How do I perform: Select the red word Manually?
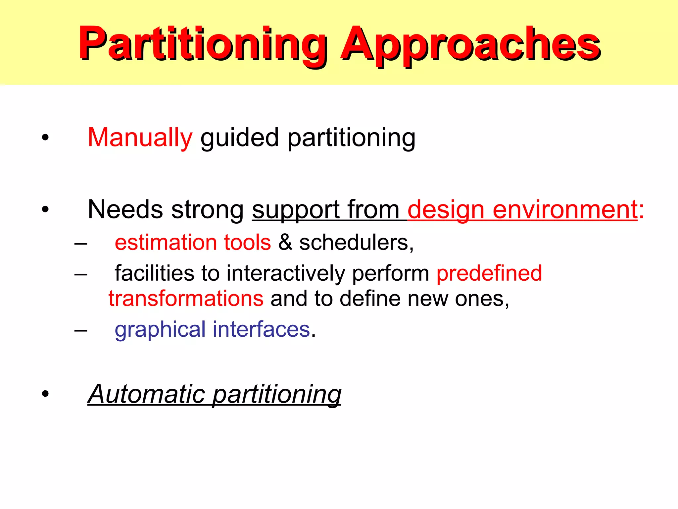point(140,138)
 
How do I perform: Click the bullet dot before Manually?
point(45,138)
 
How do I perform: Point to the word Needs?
point(125,209)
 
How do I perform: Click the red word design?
point(446,209)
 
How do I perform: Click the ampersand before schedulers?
point(285,242)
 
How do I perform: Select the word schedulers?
point(356,242)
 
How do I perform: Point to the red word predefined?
point(489,273)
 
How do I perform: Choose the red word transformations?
point(186,299)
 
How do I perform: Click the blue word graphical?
point(160,330)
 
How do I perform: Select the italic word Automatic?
point(147,394)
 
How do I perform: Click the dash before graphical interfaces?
point(81,330)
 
